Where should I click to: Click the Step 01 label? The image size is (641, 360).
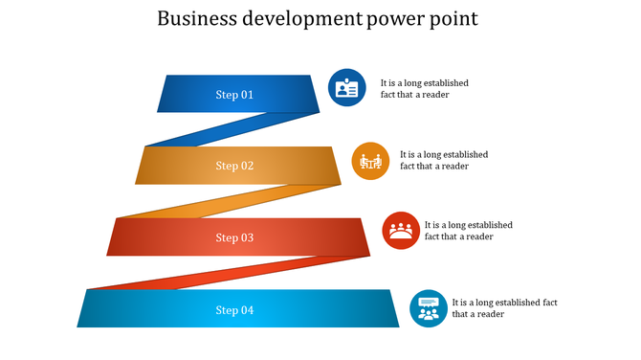point(234,95)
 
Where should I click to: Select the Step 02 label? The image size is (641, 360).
point(234,166)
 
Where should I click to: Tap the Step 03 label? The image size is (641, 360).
point(234,237)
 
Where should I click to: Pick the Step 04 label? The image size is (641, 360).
point(234,309)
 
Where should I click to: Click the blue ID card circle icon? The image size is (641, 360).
point(346,87)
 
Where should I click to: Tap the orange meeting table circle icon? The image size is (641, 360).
point(370,161)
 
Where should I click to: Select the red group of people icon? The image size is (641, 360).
point(401,231)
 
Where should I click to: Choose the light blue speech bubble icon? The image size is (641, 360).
point(429,308)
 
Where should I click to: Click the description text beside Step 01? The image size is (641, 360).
point(424,89)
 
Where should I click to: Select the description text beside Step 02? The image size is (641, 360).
point(443,160)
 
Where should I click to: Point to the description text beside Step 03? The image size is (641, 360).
point(468,231)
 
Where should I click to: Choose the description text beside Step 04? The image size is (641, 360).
point(504,308)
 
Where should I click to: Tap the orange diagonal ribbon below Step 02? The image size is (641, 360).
point(230,201)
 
